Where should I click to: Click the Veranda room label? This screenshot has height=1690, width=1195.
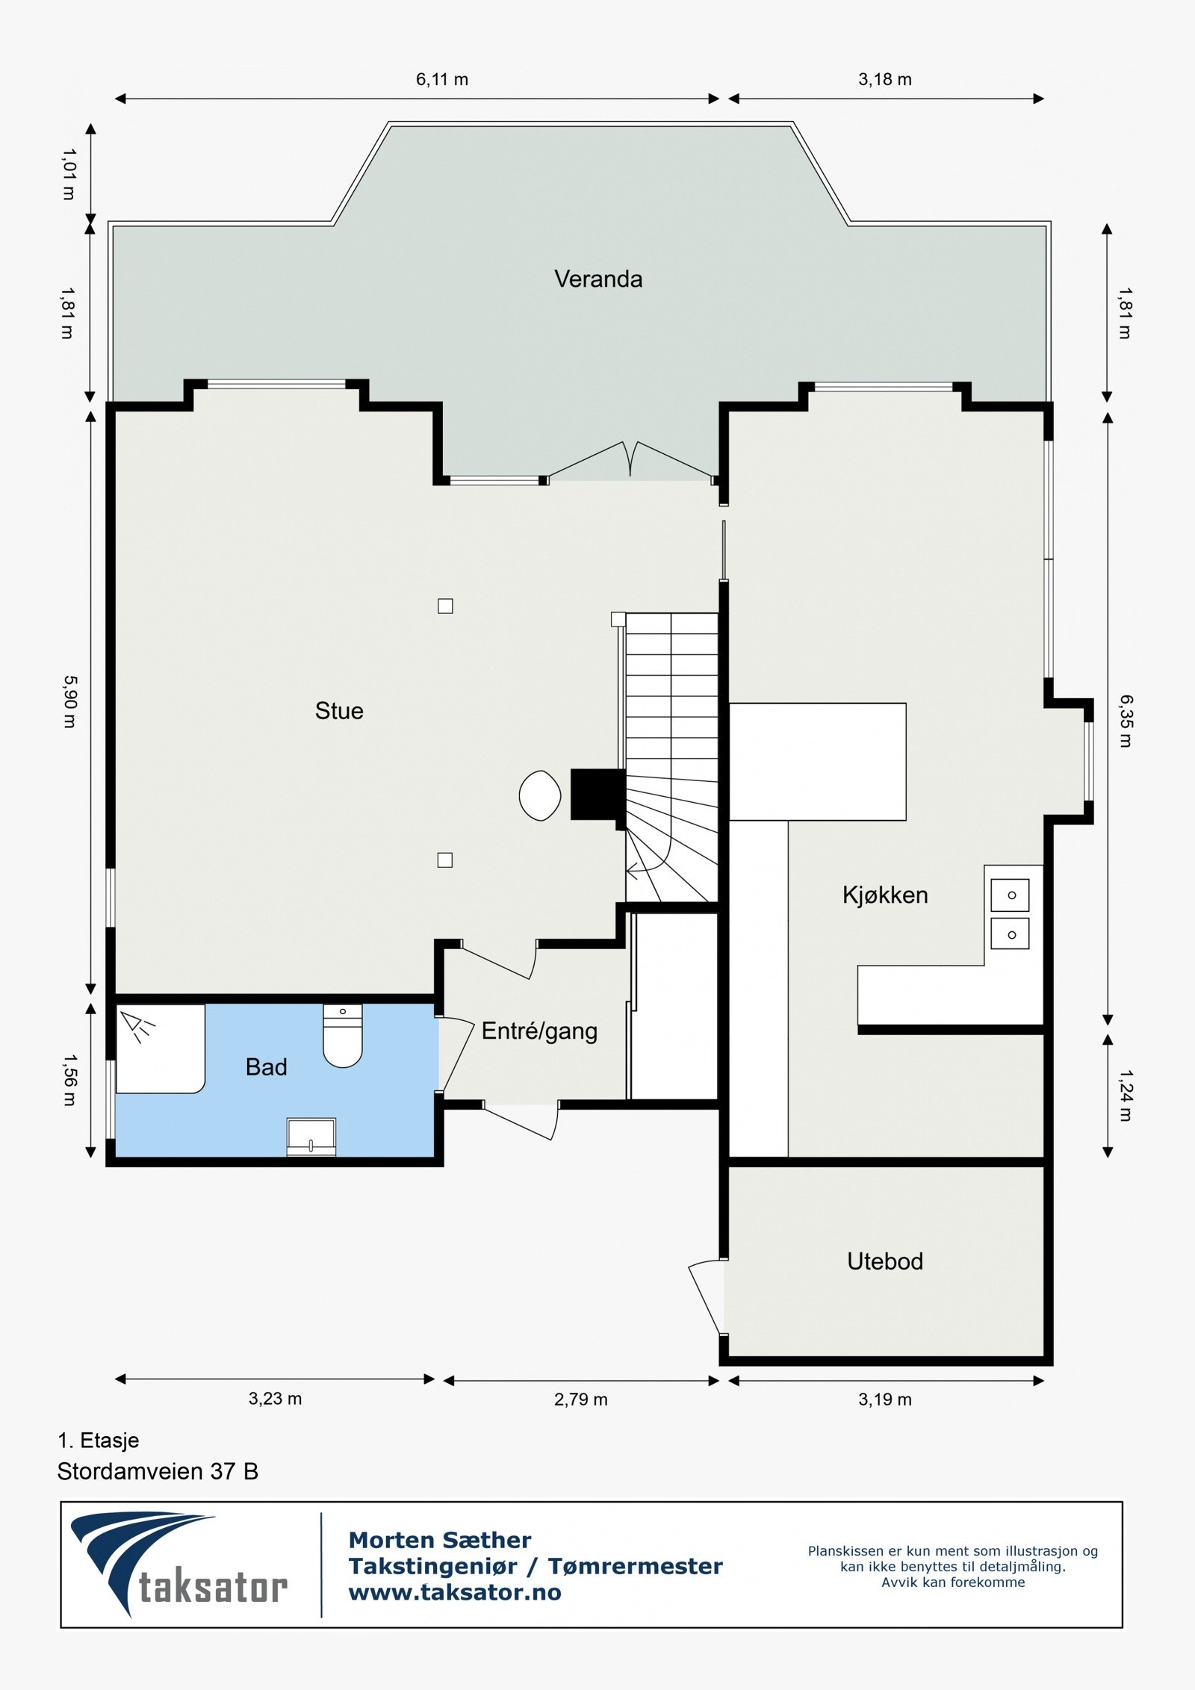(598, 279)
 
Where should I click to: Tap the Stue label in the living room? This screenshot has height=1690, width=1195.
(339, 710)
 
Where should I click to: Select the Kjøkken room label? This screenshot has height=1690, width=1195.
(885, 895)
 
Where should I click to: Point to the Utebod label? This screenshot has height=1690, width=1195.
(885, 1261)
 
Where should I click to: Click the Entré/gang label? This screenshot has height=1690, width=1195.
(539, 1031)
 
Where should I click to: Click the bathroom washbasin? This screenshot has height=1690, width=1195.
(311, 1137)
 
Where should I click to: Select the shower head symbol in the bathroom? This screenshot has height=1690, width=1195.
(137, 1027)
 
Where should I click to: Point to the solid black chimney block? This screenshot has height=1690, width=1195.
(597, 795)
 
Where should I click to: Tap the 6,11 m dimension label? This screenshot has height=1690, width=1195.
(442, 79)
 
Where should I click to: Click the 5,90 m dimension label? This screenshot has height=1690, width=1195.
(69, 701)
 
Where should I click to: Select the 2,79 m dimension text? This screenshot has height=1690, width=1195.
(580, 1399)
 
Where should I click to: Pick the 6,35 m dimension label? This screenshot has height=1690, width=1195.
(1126, 721)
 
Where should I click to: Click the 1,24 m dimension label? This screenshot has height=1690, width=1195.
(1126, 1096)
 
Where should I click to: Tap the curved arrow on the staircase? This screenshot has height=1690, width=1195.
(651, 859)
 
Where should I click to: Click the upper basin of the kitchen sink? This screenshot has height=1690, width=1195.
(1010, 895)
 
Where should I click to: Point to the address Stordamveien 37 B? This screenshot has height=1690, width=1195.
(158, 1491)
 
